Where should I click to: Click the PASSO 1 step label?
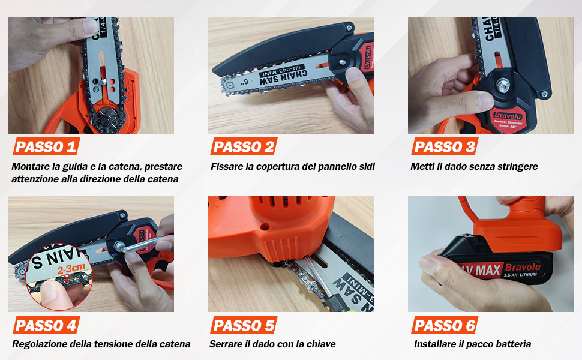pyautogui.click(x=46, y=146)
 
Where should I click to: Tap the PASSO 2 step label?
pyautogui.click(x=245, y=146)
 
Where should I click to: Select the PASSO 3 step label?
pyautogui.click(x=445, y=146)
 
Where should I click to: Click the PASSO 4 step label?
pyautogui.click(x=46, y=325)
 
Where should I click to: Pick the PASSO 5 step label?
pyautogui.click(x=245, y=325)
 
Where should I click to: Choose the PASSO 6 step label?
pyautogui.click(x=445, y=325)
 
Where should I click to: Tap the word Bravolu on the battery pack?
pyautogui.click(x=523, y=266)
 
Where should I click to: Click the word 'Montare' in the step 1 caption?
pyautogui.click(x=29, y=166)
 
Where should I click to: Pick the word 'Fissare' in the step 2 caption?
pyautogui.click(x=226, y=166)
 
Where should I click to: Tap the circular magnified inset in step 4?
pyautogui.click(x=60, y=276)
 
